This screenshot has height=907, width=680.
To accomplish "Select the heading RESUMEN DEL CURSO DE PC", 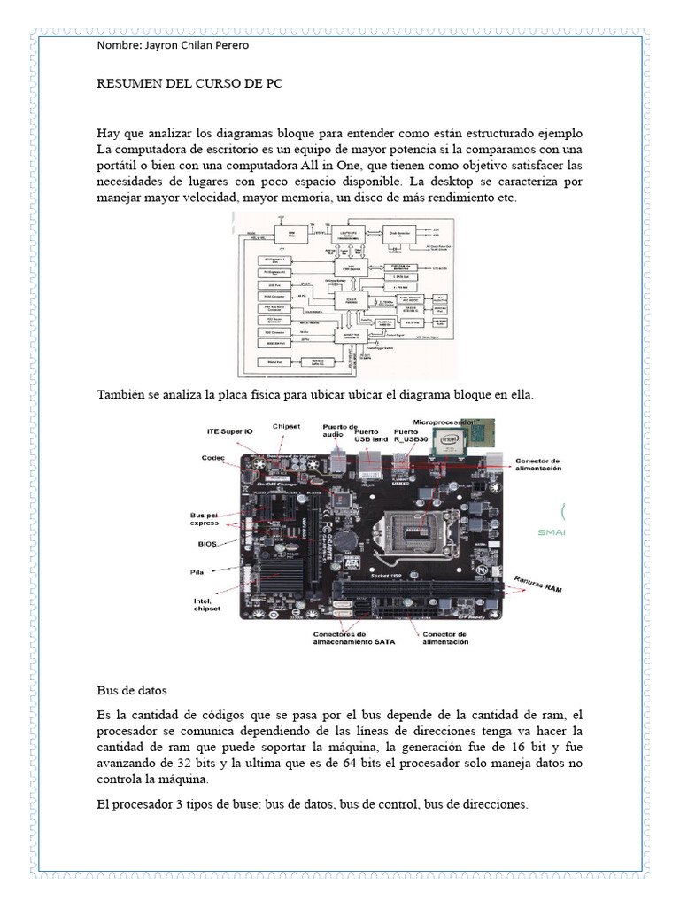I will [189, 88].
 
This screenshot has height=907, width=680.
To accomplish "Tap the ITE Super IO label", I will [229, 431].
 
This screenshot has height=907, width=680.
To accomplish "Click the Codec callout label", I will [213, 458].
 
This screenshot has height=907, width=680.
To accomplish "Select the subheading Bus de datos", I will [131, 689].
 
